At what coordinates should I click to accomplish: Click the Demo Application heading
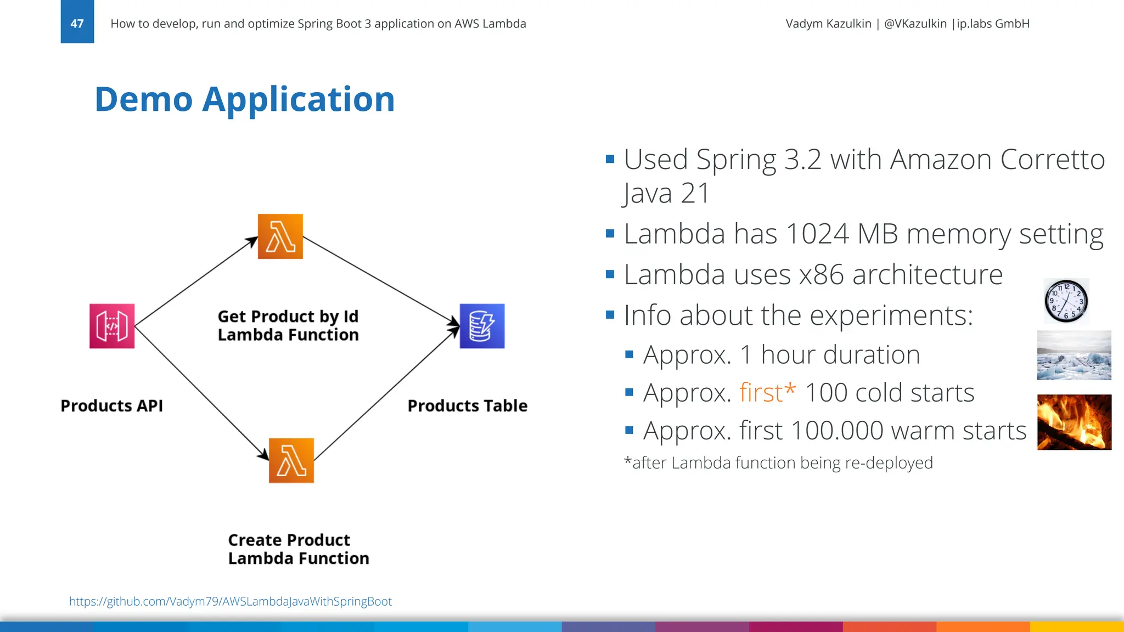pyautogui.click(x=244, y=99)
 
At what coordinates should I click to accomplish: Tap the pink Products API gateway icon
pyautogui.click(x=112, y=326)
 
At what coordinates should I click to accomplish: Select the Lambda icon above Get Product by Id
pyautogui.click(x=280, y=236)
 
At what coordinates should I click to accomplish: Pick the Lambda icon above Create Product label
pyautogui.click(x=291, y=460)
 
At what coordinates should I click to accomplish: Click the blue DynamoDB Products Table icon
pyautogui.click(x=482, y=326)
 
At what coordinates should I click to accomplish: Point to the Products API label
pyautogui.click(x=111, y=406)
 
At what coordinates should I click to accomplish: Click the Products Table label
pyautogui.click(x=467, y=406)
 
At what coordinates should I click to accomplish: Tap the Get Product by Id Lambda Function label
pyautogui.click(x=288, y=325)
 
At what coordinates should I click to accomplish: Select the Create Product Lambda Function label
pyautogui.click(x=299, y=549)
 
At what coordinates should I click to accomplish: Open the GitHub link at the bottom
pyautogui.click(x=230, y=601)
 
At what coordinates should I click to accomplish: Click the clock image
pyautogui.click(x=1066, y=301)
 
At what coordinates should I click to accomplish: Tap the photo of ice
pyautogui.click(x=1074, y=355)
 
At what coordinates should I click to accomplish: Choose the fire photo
pyautogui.click(x=1074, y=422)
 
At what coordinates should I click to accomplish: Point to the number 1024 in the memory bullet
pyautogui.click(x=817, y=234)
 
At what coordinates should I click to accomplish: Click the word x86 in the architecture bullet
pyautogui.click(x=821, y=275)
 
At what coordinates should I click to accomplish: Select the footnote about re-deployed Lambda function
pyautogui.click(x=778, y=463)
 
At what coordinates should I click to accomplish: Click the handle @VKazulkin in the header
pyautogui.click(x=915, y=24)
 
